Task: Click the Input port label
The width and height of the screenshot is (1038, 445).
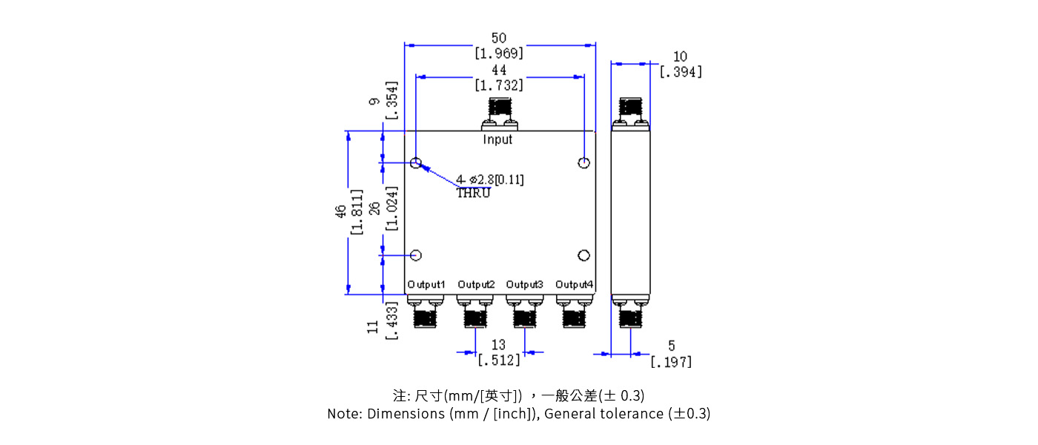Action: click(497, 139)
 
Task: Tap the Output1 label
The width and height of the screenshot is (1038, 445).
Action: click(426, 284)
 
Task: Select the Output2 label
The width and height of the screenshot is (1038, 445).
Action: click(476, 284)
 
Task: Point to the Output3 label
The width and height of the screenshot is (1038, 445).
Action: click(525, 284)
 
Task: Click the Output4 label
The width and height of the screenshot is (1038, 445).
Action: click(575, 284)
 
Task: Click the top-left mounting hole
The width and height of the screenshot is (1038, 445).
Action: click(417, 163)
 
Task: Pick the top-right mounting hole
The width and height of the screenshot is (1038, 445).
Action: click(584, 163)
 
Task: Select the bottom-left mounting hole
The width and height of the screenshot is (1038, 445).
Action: click(416, 255)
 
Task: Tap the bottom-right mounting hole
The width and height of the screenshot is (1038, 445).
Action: click(584, 255)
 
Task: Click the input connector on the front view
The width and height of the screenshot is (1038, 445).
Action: click(498, 114)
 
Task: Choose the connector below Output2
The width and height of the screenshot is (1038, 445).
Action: click(475, 311)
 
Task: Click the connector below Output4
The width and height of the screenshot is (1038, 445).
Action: click(575, 311)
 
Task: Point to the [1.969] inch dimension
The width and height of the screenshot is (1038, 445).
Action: click(499, 53)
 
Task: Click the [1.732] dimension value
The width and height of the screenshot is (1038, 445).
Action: click(499, 85)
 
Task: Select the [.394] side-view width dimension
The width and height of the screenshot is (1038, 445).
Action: click(681, 72)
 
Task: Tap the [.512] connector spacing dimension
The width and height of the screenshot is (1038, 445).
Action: click(498, 360)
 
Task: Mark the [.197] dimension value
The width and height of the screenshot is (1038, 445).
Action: click(671, 362)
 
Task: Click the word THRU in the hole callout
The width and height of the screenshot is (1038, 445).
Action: click(473, 194)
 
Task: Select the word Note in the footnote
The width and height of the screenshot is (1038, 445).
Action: click(344, 414)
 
